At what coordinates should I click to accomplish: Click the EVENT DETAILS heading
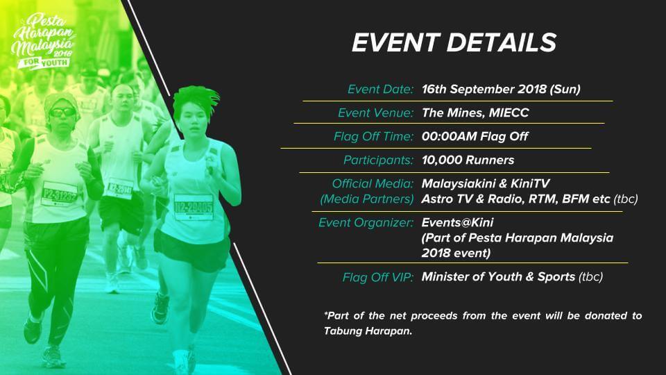[454, 42]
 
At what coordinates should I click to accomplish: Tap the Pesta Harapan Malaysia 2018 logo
[43, 41]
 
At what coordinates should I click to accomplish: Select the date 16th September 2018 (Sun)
[501, 90]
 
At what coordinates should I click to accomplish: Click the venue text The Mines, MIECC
[475, 112]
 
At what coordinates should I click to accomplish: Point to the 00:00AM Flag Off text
[475, 137]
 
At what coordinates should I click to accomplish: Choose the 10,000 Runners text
[468, 160]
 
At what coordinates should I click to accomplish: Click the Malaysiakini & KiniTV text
[486, 183]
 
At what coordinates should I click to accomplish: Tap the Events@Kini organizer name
[457, 222]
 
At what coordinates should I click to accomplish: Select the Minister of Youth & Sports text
[498, 277]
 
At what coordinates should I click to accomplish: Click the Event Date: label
[380, 90]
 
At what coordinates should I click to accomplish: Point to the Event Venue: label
[375, 112]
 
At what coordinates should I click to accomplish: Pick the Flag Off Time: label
[373, 137]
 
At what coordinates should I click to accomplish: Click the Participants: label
[378, 160]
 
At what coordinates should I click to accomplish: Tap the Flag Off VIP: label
[377, 277]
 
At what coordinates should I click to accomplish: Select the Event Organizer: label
[366, 223]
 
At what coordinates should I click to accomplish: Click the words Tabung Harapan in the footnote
[368, 331]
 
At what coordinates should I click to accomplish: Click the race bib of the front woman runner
[194, 207]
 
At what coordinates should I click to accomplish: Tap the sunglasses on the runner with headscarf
[62, 112]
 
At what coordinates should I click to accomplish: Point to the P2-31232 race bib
[59, 194]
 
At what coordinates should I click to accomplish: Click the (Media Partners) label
[366, 199]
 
